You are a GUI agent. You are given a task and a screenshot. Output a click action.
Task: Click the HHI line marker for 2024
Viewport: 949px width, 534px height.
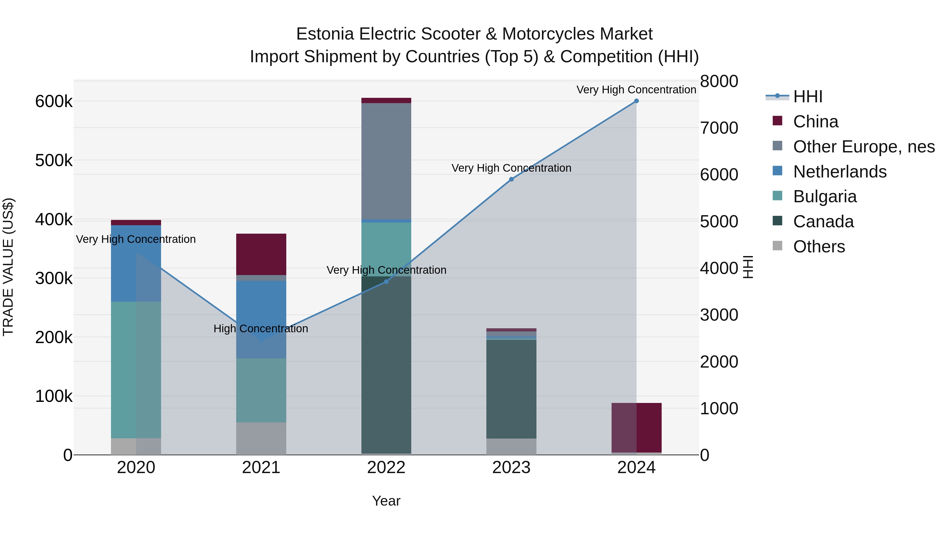coord(636,101)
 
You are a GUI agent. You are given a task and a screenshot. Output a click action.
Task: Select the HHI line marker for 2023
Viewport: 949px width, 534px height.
coord(511,179)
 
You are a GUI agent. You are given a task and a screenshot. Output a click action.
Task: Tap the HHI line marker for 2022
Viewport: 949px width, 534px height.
coord(386,282)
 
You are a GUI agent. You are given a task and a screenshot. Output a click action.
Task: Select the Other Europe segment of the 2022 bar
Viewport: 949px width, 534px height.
coord(386,161)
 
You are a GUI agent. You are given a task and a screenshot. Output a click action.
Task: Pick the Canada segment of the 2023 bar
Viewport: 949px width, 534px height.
coord(511,389)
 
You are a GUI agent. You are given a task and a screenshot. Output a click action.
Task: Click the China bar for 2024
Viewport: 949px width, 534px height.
coord(636,427)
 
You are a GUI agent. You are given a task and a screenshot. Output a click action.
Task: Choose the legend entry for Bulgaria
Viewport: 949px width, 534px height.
coord(825,196)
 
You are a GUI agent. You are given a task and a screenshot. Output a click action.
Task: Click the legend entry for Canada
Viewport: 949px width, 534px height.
coord(823,222)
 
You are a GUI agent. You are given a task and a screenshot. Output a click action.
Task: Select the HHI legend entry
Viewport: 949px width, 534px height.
coord(807,97)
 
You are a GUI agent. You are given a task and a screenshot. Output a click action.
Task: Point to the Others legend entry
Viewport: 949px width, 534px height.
coord(819,247)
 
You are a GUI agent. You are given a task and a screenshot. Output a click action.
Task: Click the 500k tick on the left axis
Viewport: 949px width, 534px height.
coord(54,160)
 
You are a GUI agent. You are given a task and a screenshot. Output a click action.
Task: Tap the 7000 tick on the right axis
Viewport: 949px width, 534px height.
coord(719,128)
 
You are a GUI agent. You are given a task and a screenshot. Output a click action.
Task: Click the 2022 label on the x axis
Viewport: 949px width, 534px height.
coord(386,468)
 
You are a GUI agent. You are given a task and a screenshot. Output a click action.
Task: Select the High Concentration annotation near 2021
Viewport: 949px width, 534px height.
coord(261,328)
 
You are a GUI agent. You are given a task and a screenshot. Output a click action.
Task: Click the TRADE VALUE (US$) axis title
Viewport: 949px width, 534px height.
coord(8,267)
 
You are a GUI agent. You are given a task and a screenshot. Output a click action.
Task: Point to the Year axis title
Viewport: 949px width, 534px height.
coord(386,501)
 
